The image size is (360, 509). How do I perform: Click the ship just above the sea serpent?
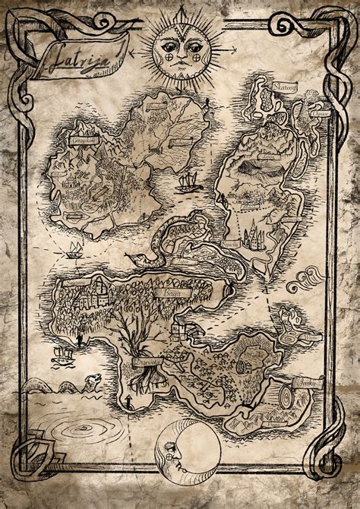tap(62, 354)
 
